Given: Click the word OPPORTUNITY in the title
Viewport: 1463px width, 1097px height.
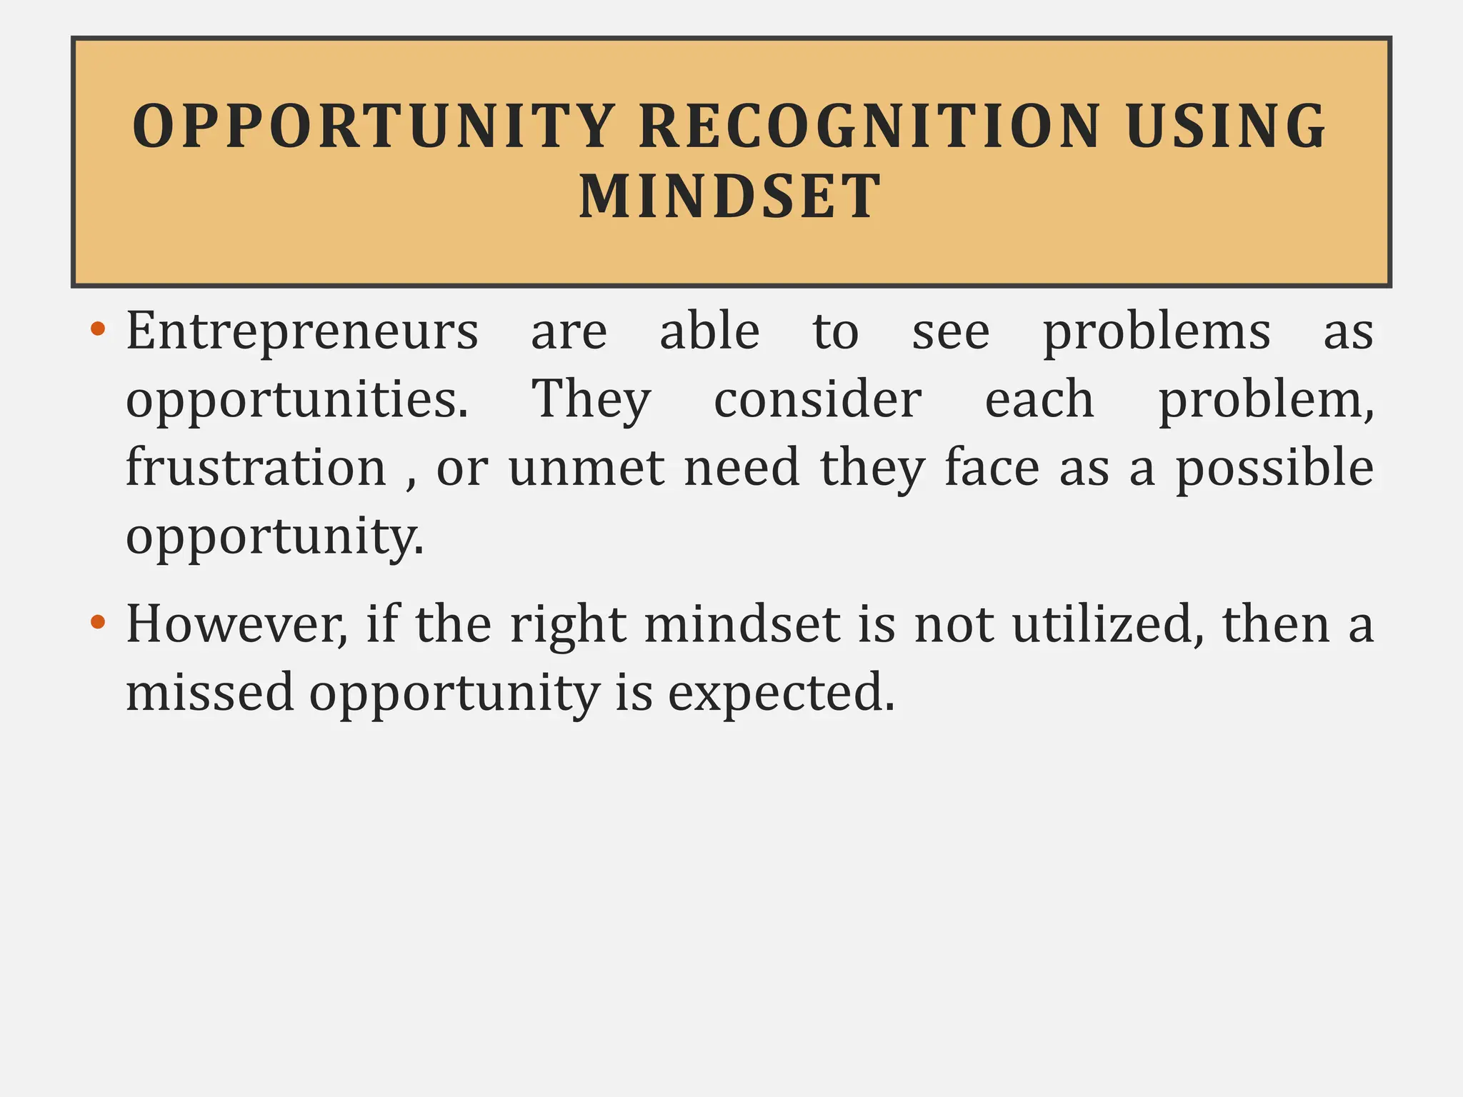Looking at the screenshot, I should coord(374,126).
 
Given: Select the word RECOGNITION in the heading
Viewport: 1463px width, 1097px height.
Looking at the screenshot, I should coord(869,126).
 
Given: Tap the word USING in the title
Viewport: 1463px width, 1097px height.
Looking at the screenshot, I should coord(1226,126).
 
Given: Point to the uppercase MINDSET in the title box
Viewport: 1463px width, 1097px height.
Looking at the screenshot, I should coord(730,196).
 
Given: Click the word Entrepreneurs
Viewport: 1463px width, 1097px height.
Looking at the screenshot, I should coord(302,332).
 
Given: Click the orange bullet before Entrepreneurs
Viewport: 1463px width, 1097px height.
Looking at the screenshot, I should coord(99,330).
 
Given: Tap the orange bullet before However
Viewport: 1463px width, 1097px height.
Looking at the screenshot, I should coord(99,622).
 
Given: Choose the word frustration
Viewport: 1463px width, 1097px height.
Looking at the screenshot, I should coord(256,468).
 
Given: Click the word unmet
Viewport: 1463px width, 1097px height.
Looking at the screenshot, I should coord(586,468).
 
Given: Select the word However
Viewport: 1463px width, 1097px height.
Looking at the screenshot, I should coord(236,624).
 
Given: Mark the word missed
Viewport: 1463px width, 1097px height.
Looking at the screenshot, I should coord(210,691).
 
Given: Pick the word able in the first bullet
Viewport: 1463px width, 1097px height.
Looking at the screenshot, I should coord(709,332).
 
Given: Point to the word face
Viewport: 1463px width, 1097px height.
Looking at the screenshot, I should coord(992,468).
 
